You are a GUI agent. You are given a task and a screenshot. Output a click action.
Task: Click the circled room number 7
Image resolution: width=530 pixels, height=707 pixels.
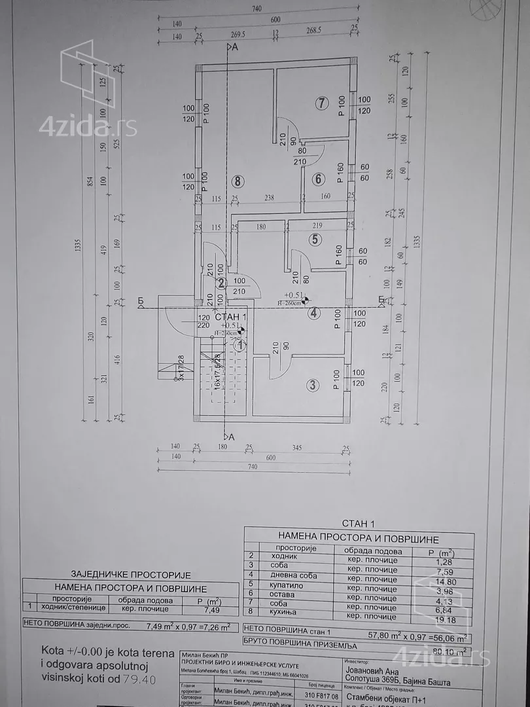(321, 103)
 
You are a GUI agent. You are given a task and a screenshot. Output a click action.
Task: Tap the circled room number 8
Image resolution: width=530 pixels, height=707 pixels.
(237, 181)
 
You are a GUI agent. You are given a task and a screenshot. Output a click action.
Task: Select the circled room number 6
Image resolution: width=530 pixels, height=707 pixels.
(319, 179)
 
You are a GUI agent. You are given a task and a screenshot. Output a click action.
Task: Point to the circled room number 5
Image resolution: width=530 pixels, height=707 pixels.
(315, 239)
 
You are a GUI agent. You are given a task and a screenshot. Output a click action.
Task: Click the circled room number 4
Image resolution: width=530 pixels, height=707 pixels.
(315, 313)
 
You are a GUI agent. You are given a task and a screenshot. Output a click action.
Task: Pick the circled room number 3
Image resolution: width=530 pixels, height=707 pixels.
(313, 385)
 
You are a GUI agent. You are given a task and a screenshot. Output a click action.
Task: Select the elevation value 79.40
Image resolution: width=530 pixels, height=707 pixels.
(142, 678)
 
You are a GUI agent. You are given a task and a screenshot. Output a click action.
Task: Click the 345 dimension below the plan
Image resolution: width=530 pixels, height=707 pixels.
(298, 447)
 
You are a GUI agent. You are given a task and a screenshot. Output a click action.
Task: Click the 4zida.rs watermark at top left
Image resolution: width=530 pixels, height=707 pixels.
(88, 126)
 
